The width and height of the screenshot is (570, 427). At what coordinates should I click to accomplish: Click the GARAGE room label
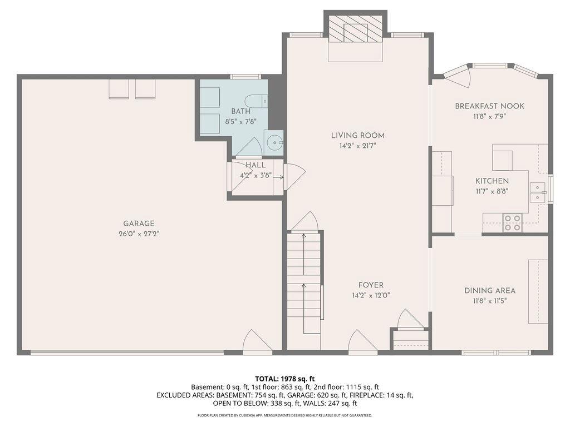point(139,224)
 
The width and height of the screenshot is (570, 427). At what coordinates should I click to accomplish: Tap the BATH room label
point(240,111)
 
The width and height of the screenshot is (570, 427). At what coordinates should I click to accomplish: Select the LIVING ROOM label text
point(358,136)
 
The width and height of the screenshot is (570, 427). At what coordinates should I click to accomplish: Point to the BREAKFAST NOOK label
point(490,106)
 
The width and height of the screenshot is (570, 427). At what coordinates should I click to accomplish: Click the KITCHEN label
point(492,181)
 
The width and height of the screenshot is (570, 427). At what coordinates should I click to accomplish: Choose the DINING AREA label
point(490,290)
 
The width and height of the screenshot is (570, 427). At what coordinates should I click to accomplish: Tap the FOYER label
point(371,285)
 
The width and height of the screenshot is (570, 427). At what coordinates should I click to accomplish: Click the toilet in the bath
point(256,101)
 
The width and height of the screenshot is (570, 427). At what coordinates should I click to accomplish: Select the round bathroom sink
point(274,142)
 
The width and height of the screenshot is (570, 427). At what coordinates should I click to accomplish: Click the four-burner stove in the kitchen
point(513,222)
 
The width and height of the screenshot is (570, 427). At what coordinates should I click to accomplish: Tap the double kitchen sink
point(537,192)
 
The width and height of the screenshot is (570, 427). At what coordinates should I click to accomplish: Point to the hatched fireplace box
point(356,29)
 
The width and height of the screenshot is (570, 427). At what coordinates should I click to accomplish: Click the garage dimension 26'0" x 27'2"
point(139,234)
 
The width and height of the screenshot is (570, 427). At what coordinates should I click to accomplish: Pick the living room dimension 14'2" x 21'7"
point(358,146)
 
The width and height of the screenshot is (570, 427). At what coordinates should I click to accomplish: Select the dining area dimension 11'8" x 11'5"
point(490,301)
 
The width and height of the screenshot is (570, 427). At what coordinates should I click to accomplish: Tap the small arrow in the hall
point(278,177)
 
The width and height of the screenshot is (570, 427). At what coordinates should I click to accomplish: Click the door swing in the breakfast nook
point(459,77)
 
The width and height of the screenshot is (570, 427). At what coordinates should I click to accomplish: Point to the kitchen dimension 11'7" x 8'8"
point(492,191)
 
